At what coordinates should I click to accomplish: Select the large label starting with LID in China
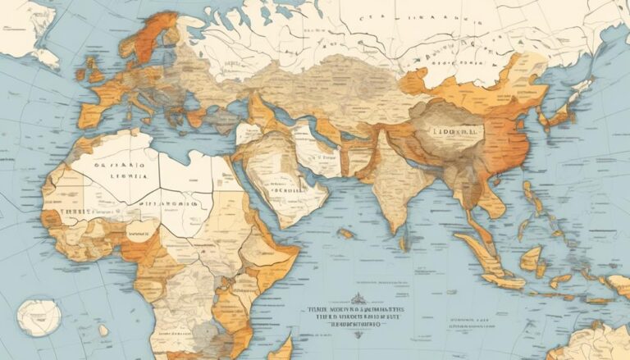(x=450, y=131)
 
